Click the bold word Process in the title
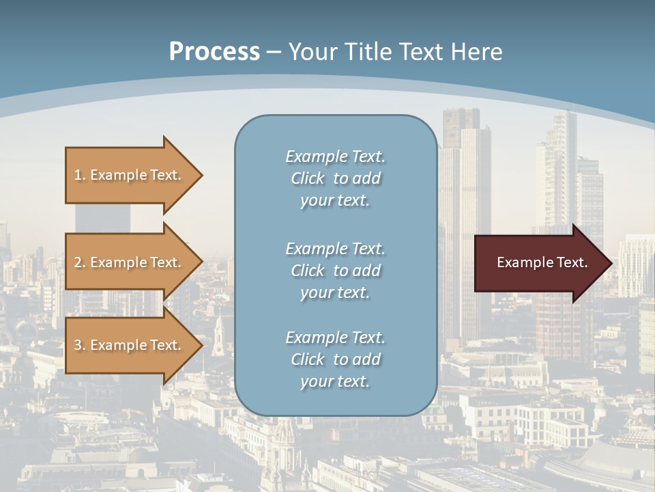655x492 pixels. [x=214, y=52]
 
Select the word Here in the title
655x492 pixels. [x=476, y=52]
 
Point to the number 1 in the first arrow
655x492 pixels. [x=78, y=175]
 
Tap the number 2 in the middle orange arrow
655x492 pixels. [x=78, y=262]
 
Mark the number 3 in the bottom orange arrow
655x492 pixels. [x=78, y=345]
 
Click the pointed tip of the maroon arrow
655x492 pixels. [x=609, y=263]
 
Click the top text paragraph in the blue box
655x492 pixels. [x=335, y=178]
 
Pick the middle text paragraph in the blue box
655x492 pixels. [x=335, y=271]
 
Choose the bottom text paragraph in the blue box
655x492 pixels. [x=335, y=359]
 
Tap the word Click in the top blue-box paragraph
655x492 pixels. [x=308, y=178]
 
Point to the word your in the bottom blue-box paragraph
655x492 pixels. [x=314, y=382]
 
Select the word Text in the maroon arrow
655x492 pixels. [x=572, y=262]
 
